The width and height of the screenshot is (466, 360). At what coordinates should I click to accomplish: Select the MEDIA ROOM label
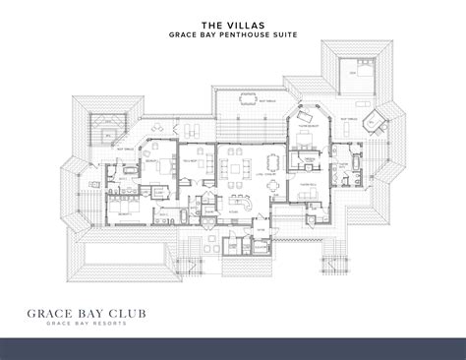191,159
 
